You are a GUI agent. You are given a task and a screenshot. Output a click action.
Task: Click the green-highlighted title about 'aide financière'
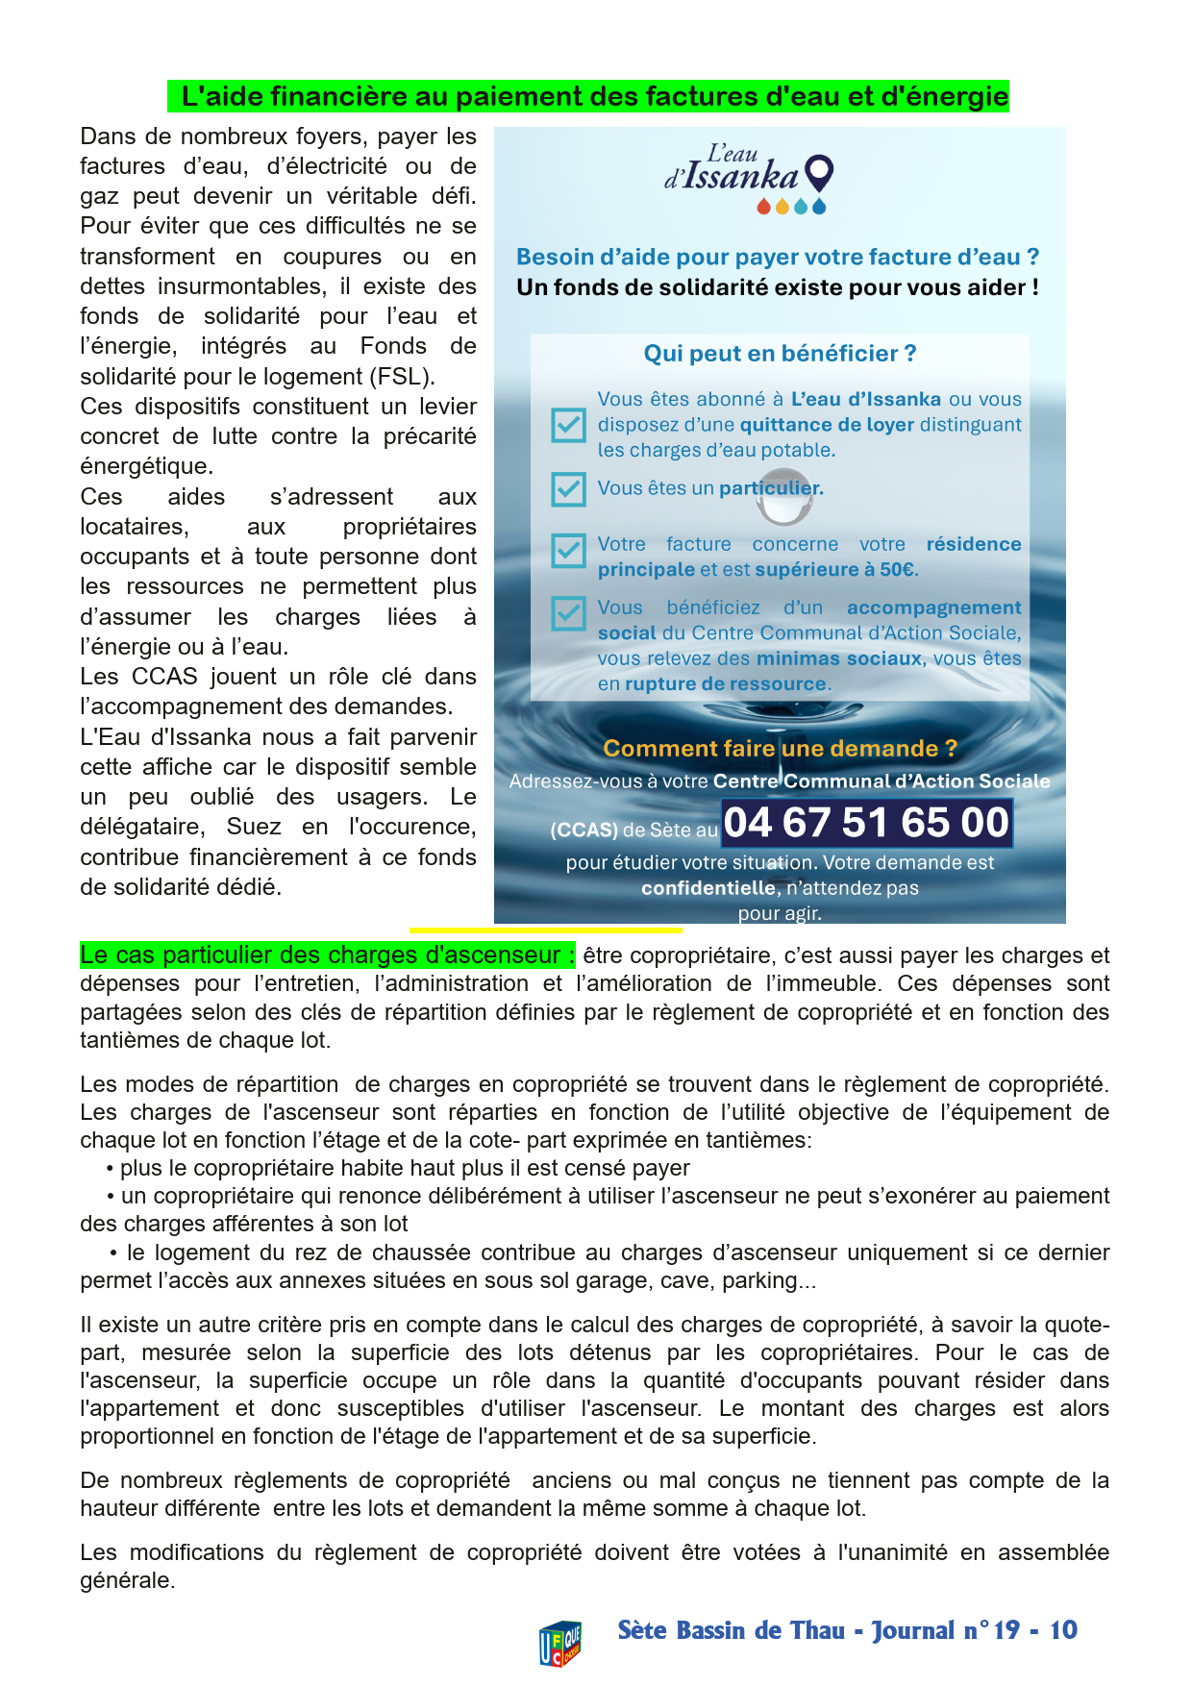588,96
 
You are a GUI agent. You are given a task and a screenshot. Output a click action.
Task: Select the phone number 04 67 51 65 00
866,823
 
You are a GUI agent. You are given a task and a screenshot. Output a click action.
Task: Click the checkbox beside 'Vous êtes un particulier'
568,488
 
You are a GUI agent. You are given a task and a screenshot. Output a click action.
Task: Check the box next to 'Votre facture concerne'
568,551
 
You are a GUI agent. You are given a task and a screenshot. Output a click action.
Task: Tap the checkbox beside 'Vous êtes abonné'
568,425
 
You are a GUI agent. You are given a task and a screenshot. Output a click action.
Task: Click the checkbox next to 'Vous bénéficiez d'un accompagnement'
568,613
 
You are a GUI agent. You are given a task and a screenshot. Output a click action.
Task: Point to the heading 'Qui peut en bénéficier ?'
780,354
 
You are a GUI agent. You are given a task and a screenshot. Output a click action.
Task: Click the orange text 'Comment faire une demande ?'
780,749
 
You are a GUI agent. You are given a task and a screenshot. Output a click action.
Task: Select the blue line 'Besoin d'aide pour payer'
777,257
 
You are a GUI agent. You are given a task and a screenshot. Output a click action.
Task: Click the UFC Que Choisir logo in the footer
560,1642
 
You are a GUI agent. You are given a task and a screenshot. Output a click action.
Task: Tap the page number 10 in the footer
1063,1630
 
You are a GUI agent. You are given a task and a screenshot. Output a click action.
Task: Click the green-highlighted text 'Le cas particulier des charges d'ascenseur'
327,955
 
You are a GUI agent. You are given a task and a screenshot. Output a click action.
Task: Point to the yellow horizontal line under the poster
545,930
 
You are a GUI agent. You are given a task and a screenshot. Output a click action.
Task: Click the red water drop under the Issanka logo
763,207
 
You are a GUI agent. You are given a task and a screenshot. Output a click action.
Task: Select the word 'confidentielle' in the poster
708,888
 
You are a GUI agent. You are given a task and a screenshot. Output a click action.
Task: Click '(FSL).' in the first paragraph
405,376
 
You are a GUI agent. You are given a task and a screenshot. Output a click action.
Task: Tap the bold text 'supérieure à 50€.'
836,569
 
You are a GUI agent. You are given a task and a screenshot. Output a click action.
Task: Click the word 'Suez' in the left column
254,827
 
